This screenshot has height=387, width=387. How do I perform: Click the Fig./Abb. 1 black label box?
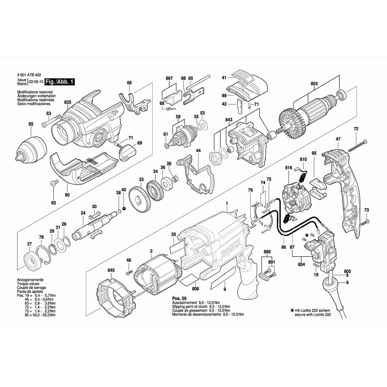click(59, 82)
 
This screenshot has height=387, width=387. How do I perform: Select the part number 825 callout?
click(68, 102)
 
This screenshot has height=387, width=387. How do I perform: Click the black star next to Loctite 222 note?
click(292, 310)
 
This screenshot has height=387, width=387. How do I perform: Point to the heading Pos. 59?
click(178, 299)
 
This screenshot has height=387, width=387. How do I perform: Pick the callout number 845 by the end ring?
click(111, 271)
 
